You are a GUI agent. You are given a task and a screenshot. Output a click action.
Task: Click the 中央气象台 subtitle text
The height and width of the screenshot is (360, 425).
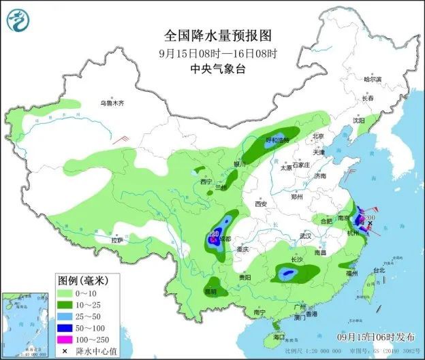(x=212, y=68)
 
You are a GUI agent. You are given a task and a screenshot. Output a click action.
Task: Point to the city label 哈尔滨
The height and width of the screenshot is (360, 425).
(x=373, y=80)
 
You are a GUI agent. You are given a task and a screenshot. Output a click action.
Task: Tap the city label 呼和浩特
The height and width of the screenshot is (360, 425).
(x=277, y=140)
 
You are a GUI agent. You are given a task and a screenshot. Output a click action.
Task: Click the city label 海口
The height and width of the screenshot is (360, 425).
(x=279, y=337)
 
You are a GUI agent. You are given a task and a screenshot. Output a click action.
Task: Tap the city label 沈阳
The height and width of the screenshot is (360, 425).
(x=359, y=120)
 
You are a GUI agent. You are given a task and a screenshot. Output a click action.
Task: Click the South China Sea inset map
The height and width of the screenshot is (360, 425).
(x=25, y=324)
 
